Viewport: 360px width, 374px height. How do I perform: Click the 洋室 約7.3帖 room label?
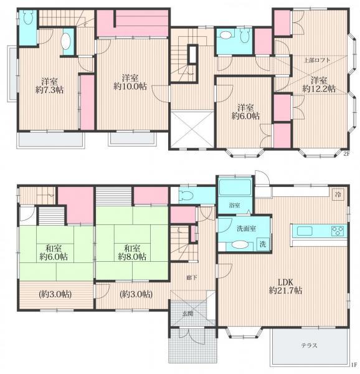[50, 85]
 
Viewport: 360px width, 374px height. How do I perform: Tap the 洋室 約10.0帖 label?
[130, 82]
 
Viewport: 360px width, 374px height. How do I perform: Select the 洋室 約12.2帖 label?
[319, 84]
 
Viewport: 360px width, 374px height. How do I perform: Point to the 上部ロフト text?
[318, 60]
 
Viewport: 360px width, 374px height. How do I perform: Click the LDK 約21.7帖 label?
[286, 286]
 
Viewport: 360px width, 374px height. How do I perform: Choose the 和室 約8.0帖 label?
[132, 252]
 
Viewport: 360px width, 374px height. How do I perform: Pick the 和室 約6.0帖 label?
[54, 252]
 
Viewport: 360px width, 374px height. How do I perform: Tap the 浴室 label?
[234, 205]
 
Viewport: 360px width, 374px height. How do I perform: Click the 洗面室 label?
[247, 229]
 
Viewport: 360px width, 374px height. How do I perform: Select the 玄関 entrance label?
[187, 314]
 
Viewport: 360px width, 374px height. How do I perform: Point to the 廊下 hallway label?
[192, 277]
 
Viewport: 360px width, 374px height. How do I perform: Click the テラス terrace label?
[309, 345]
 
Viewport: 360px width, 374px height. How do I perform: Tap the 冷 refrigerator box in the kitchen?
[338, 194]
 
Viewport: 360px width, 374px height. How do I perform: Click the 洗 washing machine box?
[263, 244]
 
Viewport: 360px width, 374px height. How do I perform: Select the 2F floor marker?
[346, 154]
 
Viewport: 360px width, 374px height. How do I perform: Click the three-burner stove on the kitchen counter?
[338, 231]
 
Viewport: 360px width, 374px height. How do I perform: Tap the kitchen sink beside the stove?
[305, 231]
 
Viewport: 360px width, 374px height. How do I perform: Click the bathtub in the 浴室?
[235, 188]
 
